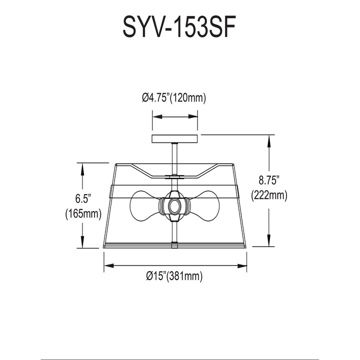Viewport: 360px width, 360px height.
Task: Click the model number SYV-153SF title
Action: pos(179,26)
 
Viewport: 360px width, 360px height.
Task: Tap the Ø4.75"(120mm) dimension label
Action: pos(174,98)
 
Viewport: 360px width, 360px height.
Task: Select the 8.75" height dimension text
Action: pos(269,180)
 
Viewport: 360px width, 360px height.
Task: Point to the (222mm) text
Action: pos(269,196)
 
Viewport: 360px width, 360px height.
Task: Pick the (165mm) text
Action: pos(83,214)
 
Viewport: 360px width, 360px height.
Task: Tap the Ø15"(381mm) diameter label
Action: pos(174,275)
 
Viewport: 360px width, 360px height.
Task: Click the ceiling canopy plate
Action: pos(174,139)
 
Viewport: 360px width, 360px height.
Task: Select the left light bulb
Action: pos(145,205)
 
